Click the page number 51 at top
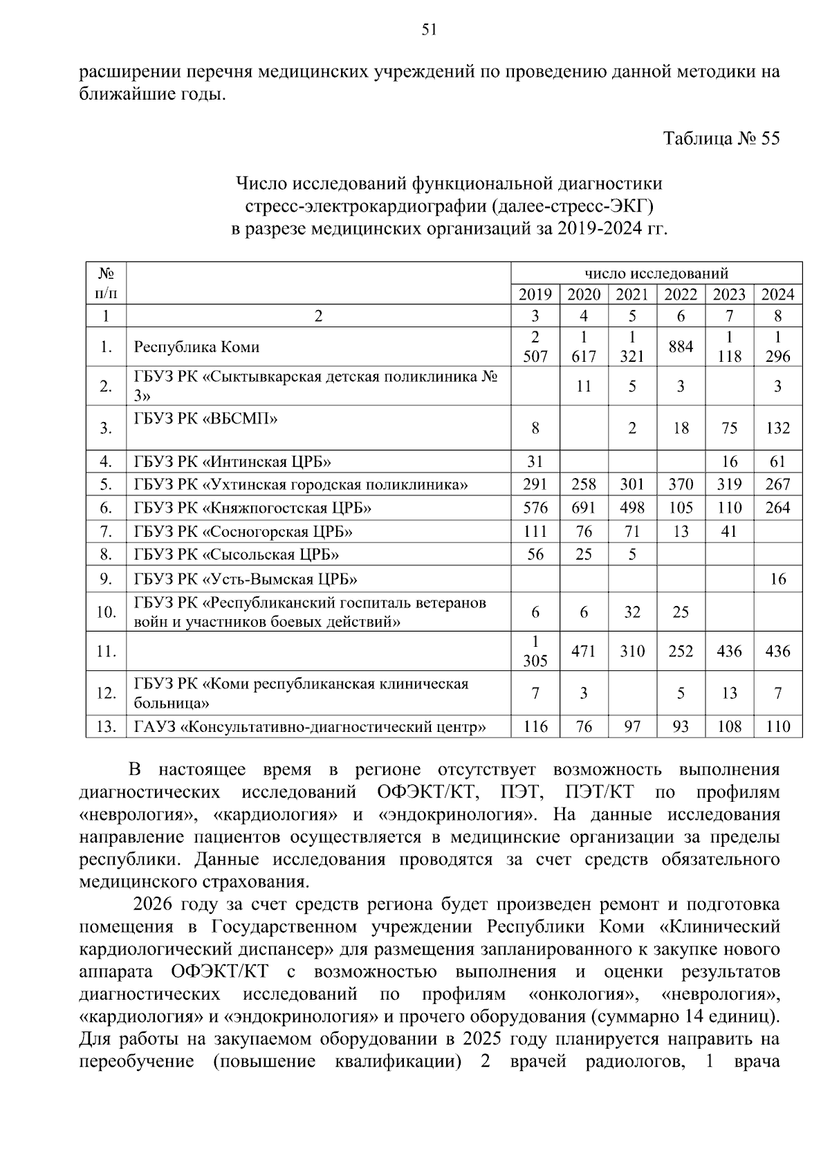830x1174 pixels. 429,29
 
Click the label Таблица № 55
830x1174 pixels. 721,138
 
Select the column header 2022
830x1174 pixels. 681,295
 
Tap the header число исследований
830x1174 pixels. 656,273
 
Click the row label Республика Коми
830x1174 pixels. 196,347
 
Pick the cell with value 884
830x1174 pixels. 681,347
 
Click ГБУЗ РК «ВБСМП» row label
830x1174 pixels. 205,418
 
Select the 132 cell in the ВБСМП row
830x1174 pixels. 777,428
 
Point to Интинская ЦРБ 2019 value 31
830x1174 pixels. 535,461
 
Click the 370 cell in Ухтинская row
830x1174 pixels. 681,484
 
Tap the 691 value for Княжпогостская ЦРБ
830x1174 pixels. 584,508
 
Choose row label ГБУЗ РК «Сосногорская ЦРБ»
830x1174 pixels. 243,531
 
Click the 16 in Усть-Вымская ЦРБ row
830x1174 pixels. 777,578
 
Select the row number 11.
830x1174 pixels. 106,651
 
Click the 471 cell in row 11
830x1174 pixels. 584,651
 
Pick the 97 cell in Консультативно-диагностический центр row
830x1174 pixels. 632,726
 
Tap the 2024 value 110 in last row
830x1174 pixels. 777,726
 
